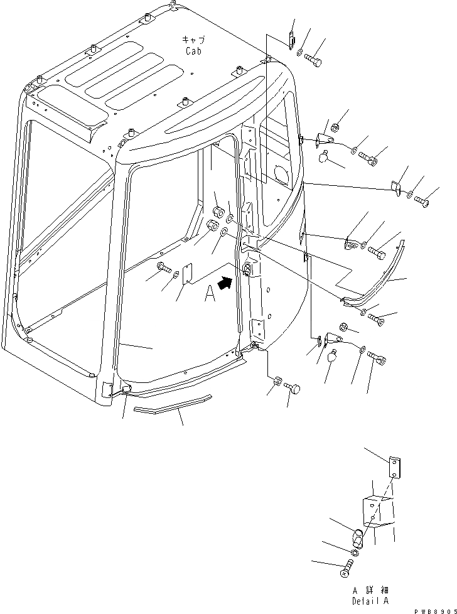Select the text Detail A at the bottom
(370, 601)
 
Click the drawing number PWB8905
(431, 609)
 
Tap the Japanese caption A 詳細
(370, 591)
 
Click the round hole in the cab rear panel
(281, 173)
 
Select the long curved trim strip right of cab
(382, 277)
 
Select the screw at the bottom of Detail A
(347, 570)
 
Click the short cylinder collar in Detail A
(357, 539)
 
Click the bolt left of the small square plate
(164, 267)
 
